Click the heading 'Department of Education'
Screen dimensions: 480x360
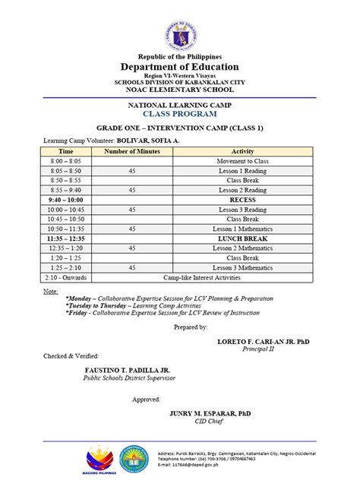[179, 67]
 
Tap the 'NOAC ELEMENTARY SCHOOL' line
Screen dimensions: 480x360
[179, 89]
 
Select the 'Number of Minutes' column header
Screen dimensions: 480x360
[132, 152]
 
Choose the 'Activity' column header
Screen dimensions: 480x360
[242, 152]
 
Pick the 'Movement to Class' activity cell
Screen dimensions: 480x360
[242, 162]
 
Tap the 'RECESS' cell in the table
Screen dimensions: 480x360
[242, 200]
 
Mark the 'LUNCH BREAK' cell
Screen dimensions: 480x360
[242, 238]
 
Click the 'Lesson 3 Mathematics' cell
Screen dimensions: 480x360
[242, 267]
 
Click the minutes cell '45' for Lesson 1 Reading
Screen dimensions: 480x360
[132, 172]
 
